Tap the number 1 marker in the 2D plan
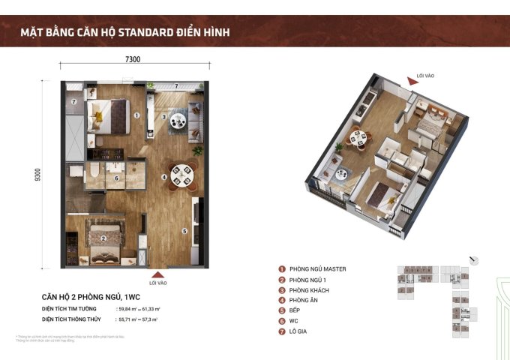pyautogui.click(x=137, y=115)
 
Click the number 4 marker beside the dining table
pyautogui.click(x=164, y=177)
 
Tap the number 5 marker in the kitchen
pyautogui.click(x=184, y=232)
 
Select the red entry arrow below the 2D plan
pyautogui.click(x=155, y=274)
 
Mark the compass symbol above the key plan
pyautogui.click(x=473, y=260)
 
